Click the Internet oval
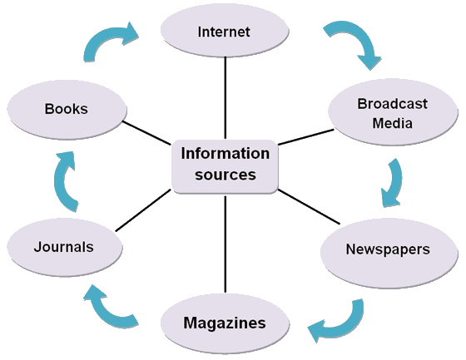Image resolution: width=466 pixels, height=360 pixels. point(225,34)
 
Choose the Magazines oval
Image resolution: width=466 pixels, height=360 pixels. point(225,323)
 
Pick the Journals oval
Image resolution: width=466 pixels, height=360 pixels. point(64,247)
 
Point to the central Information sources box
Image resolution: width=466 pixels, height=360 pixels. point(225,164)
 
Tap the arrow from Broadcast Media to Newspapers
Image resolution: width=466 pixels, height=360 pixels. point(391,183)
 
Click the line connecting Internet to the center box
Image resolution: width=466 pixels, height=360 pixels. point(225,99)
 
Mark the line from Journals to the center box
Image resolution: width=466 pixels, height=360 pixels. point(143,210)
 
